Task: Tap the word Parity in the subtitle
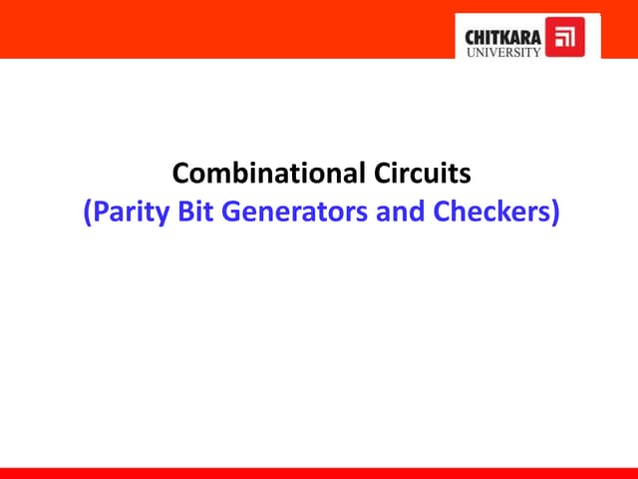124,212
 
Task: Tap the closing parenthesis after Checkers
554,213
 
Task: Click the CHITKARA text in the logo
504,37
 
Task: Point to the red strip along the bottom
319,473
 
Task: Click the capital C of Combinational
181,174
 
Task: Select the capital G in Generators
225,212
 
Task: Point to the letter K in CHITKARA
508,37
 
